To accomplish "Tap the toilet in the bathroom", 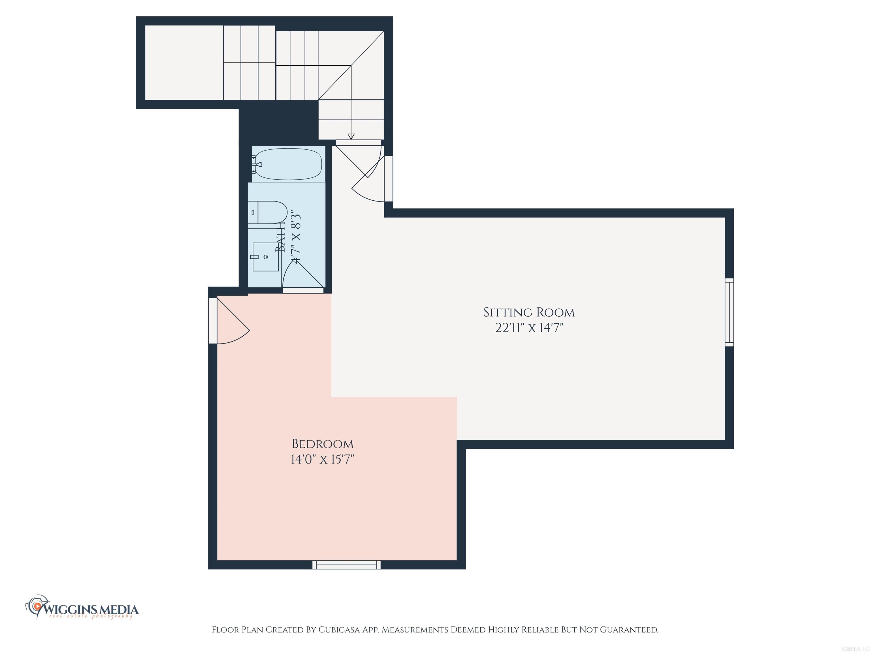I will pyautogui.click(x=267, y=213).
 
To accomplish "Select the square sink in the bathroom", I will pyautogui.click(x=265, y=257).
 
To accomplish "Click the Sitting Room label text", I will pyautogui.click(x=529, y=313).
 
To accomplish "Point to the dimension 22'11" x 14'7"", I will pyautogui.click(x=529, y=328).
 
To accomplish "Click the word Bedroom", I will pyautogui.click(x=323, y=444).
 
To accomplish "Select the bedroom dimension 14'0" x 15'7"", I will pyautogui.click(x=323, y=459).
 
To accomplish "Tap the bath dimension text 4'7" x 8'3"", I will pyautogui.click(x=296, y=236).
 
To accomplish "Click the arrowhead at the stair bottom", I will pyautogui.click(x=351, y=136).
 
